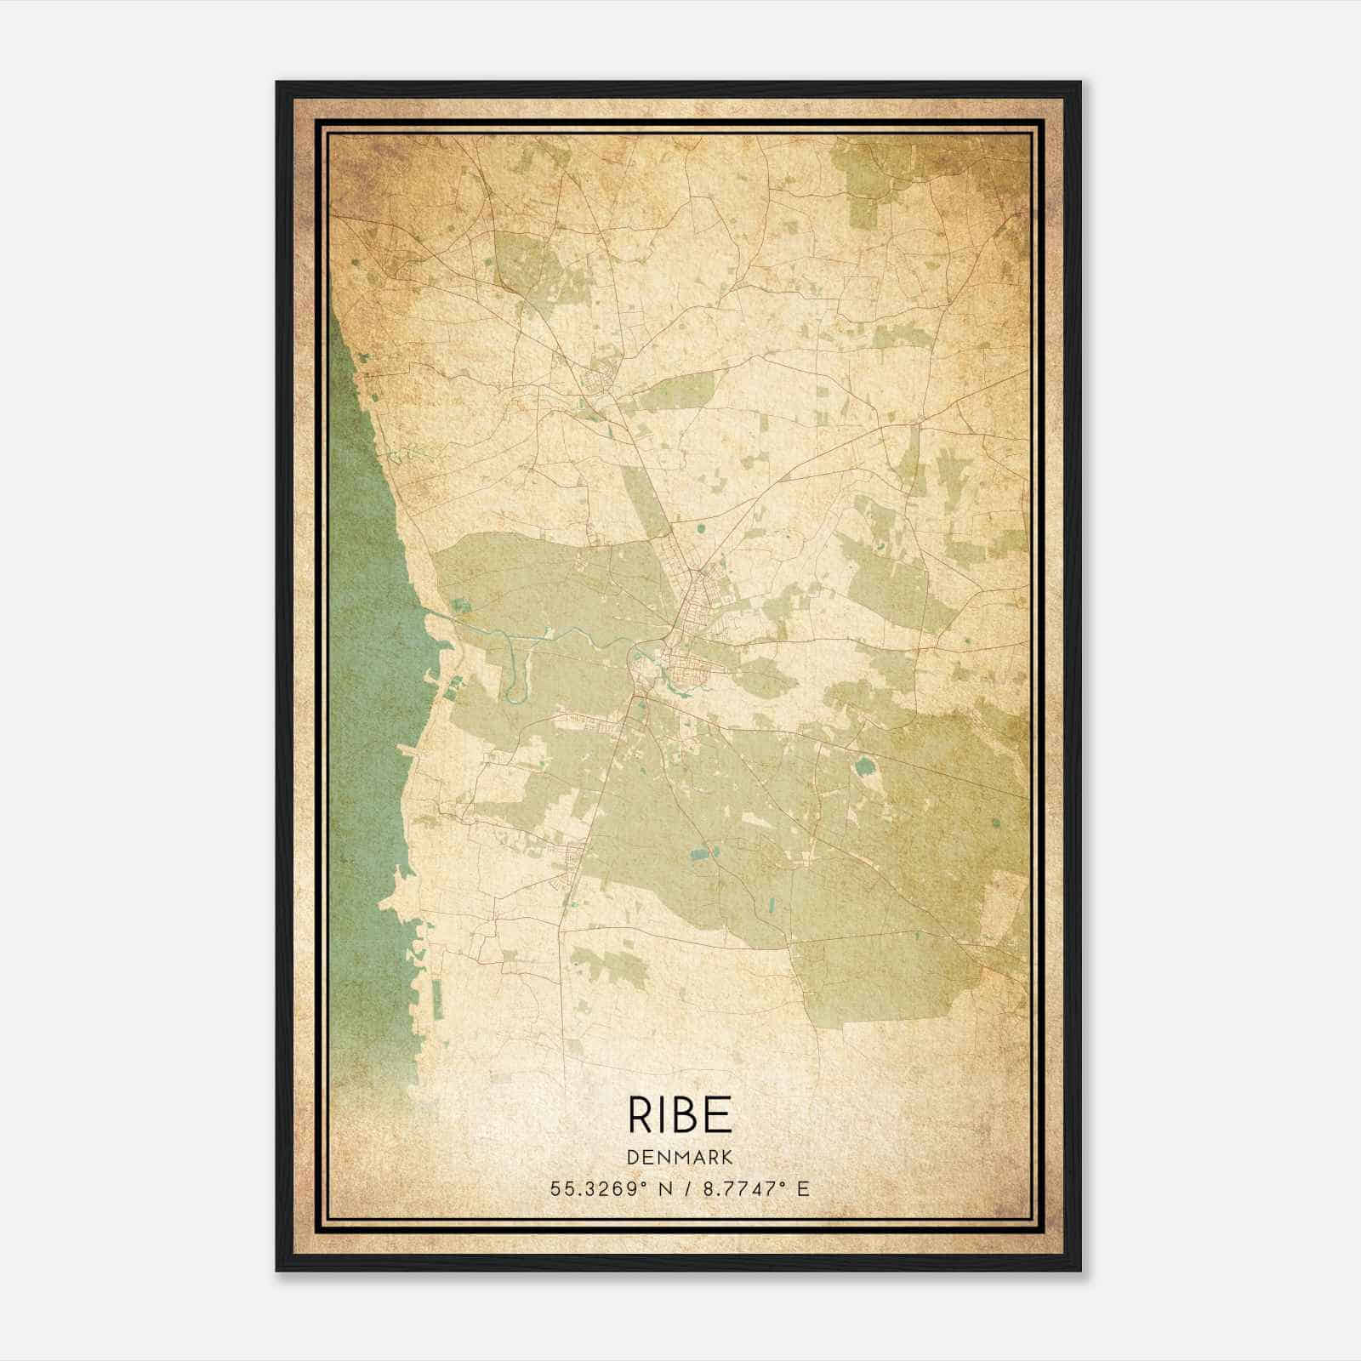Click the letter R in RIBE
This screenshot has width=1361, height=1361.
click(640, 1114)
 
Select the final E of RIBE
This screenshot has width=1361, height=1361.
click(720, 1114)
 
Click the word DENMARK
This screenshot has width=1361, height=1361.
click(680, 1157)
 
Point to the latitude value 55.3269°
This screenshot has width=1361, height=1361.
click(593, 1189)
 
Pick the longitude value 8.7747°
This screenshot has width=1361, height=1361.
click(740, 1189)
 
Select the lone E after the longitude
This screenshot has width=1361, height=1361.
click(803, 1189)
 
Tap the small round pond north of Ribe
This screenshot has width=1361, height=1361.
click(701, 528)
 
